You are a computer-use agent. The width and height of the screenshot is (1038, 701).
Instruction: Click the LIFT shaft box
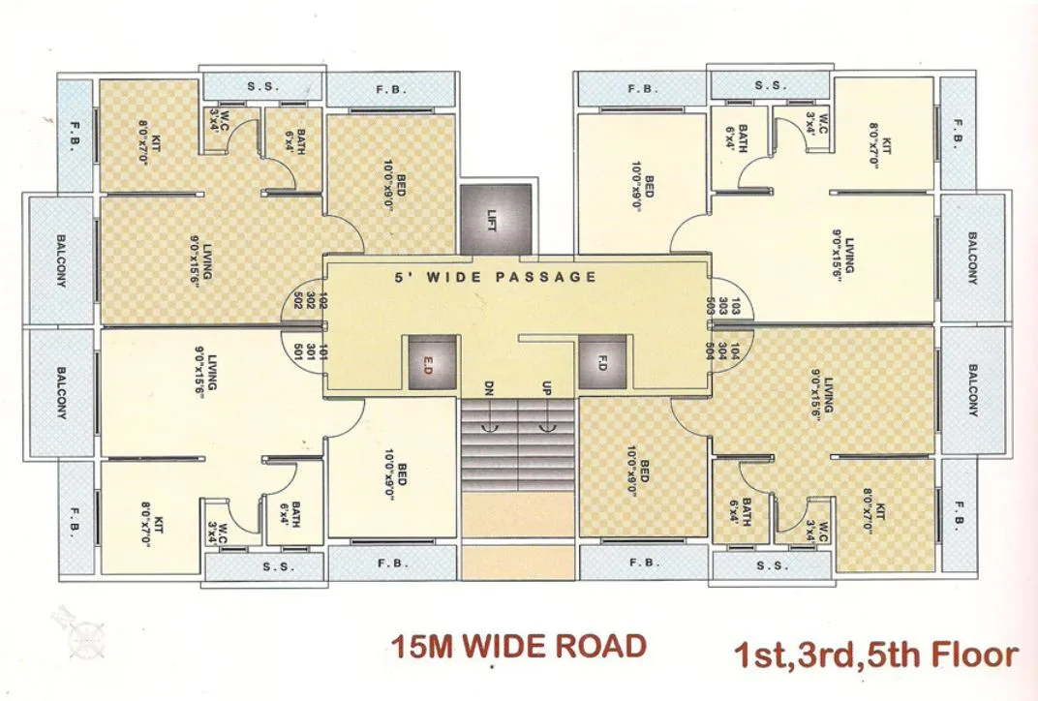coord(495,218)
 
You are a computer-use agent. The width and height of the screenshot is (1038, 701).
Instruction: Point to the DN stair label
coord(489,388)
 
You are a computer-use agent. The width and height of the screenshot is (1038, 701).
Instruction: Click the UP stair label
coord(547,388)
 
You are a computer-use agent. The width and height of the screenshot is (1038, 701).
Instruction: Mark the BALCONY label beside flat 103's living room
coord(971,259)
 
